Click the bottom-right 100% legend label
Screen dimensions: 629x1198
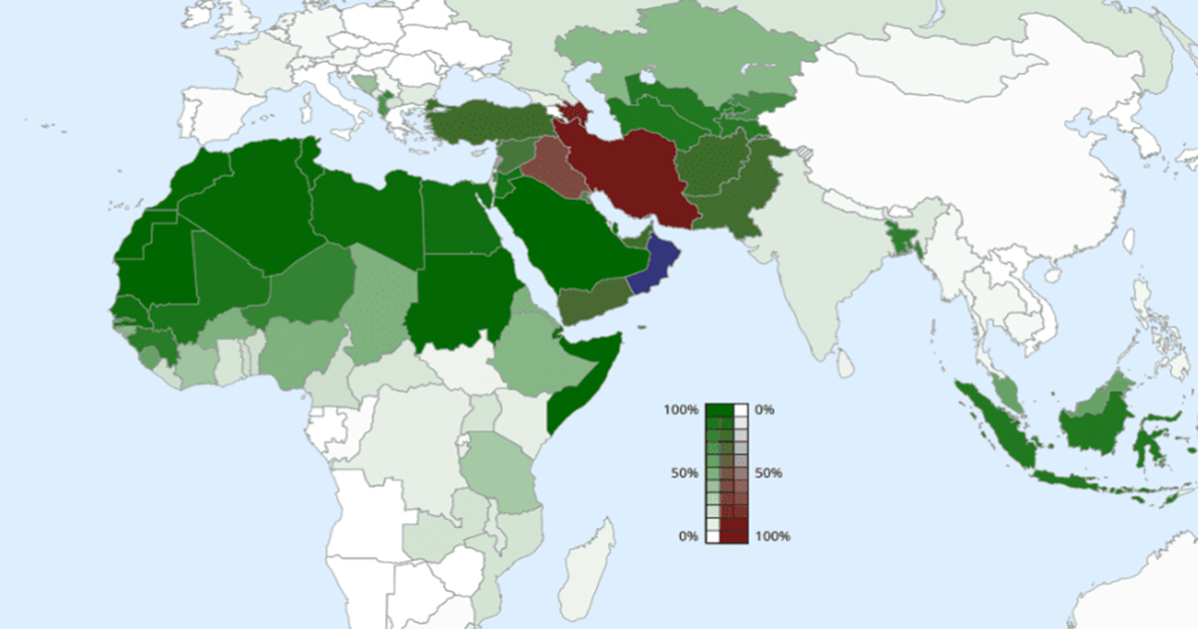pyautogui.click(x=773, y=536)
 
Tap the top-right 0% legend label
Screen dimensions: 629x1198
pyautogui.click(x=765, y=410)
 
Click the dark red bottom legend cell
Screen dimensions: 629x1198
pyautogui.click(x=734, y=535)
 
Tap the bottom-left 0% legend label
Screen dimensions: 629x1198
pyautogui.click(x=688, y=536)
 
